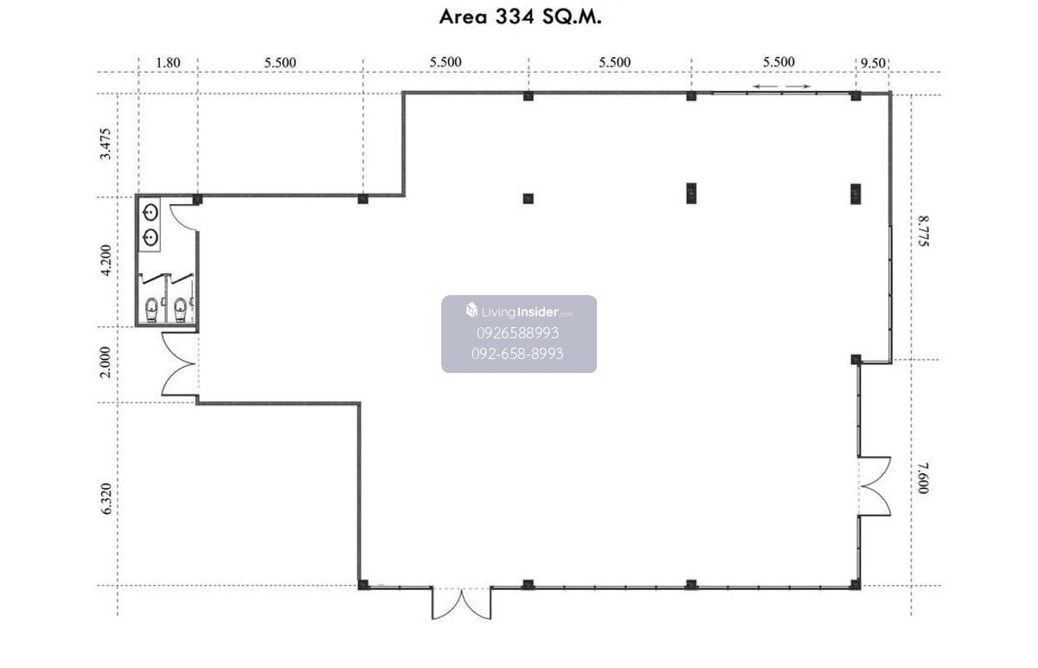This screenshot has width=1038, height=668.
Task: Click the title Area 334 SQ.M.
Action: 520,17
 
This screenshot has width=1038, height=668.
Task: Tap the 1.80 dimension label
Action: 168,62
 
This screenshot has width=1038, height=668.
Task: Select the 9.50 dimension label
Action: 873,62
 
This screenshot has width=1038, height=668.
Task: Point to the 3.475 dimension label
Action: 106,144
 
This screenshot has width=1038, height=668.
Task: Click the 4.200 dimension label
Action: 106,260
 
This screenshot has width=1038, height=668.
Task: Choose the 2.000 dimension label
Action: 106,362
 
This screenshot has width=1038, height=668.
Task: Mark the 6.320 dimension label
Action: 106,498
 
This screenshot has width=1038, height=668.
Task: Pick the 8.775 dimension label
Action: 923,231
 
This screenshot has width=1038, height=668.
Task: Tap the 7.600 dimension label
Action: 923,479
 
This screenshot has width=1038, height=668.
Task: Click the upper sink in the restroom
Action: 151,213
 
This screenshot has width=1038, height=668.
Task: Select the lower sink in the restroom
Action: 151,238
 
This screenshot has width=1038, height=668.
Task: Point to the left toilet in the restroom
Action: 151,309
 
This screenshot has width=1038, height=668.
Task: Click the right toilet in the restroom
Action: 180,309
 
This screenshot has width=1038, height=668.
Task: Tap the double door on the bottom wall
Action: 462,603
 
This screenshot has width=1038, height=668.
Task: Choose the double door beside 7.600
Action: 875,486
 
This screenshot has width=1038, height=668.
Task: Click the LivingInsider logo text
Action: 519,311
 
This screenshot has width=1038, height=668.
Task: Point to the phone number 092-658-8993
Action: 517,354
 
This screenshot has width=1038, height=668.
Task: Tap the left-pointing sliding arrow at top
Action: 765,87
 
